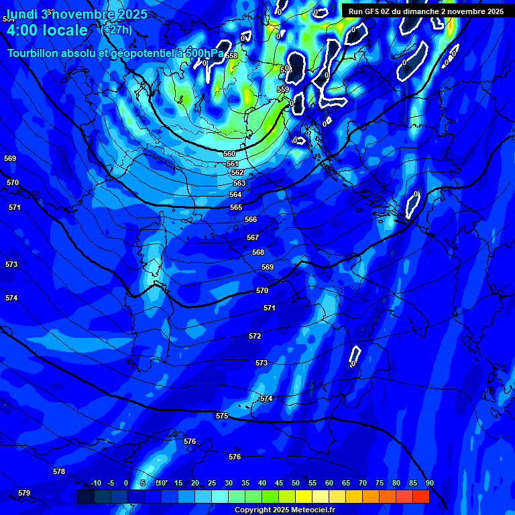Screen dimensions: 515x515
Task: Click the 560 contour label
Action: [x=229, y=154]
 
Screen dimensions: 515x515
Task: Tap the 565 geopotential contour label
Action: [x=236, y=207]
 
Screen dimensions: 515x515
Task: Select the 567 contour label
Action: [x=253, y=237]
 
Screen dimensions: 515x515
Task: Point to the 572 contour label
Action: [x=255, y=336]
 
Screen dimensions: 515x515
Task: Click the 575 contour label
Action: [x=222, y=416]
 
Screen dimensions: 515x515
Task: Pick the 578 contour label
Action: [x=59, y=471]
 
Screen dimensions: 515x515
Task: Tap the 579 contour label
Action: [x=24, y=493]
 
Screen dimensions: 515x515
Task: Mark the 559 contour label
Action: [x=283, y=89]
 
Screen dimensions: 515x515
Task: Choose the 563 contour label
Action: [x=239, y=183]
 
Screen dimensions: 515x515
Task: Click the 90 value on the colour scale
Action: [x=429, y=483]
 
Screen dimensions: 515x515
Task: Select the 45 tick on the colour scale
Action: [x=278, y=483]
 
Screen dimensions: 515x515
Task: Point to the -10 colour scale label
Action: [x=96, y=483]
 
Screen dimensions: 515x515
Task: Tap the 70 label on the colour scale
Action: [x=362, y=483]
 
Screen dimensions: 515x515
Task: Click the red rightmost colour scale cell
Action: [x=421, y=496]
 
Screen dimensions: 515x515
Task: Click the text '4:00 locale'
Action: [x=47, y=30]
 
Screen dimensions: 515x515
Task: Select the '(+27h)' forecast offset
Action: [x=116, y=30]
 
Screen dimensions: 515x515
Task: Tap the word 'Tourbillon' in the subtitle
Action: [x=33, y=53]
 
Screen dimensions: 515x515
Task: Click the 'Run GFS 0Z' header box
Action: [x=426, y=11]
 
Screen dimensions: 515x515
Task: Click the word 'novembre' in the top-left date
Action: [x=84, y=13]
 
